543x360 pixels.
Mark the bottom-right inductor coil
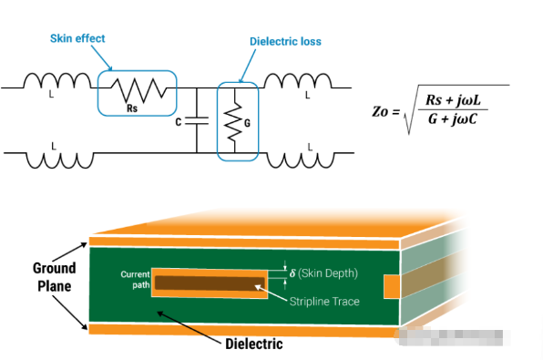pos(308,158)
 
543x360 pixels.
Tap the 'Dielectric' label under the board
pos(254,345)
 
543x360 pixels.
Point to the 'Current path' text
pos(134,279)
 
